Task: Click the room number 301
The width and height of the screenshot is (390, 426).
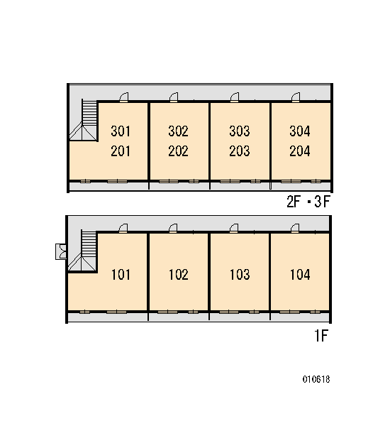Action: pos(121,131)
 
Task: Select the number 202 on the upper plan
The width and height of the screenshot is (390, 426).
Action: pos(178,151)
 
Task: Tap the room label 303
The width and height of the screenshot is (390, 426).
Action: pos(240,131)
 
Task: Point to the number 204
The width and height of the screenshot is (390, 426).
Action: pos(300,151)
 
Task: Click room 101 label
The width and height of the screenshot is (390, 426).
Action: pos(121,274)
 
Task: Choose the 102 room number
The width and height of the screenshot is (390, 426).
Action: pos(179,274)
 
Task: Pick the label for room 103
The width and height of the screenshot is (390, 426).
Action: pos(240,274)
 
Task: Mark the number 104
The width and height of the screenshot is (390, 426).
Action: pos(300,274)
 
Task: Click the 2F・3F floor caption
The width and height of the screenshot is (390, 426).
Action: pos(308,202)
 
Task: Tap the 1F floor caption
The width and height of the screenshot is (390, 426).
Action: pos(321,336)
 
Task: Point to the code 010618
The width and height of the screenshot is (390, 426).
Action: pos(316,379)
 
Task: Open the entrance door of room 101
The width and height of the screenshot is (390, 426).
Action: pos(123,228)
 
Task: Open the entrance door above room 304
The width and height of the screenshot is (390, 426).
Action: pos(296,97)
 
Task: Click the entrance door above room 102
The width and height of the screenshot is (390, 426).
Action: pos(173,228)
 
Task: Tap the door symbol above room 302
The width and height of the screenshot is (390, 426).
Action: pos(174,97)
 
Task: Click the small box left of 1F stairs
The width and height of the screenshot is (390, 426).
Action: pos(61,251)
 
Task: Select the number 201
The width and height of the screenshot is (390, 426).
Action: pos(121,151)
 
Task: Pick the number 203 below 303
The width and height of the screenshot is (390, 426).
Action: pos(240,151)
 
